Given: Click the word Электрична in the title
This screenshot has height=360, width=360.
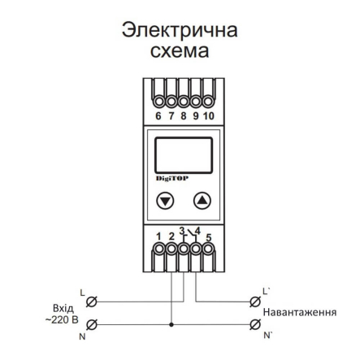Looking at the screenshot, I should point(180,30).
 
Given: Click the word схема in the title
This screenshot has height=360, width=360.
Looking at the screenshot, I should point(180,51).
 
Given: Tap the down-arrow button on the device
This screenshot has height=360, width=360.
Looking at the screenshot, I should point(165,201).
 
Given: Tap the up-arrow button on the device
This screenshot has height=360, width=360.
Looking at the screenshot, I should point(202,201).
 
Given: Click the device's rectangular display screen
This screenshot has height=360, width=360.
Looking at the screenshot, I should point(183,154).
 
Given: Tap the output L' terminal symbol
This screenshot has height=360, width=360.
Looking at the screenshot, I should point(254,301).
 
